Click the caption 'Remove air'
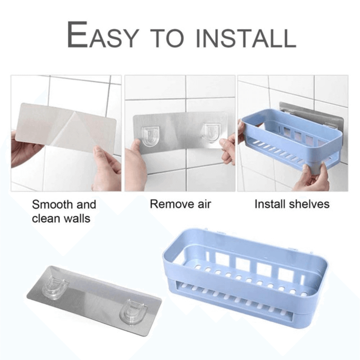[180, 204]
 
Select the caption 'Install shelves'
[292, 204]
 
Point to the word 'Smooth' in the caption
[52, 205]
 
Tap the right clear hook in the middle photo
[210, 132]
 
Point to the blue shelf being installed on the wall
[288, 144]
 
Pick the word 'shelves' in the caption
[311, 204]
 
